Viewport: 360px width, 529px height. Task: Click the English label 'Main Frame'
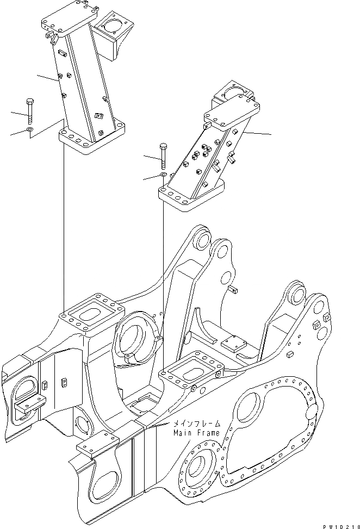197,433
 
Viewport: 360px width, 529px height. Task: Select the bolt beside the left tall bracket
29,111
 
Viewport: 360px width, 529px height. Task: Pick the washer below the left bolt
29,130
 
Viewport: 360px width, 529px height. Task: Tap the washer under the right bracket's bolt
164,175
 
